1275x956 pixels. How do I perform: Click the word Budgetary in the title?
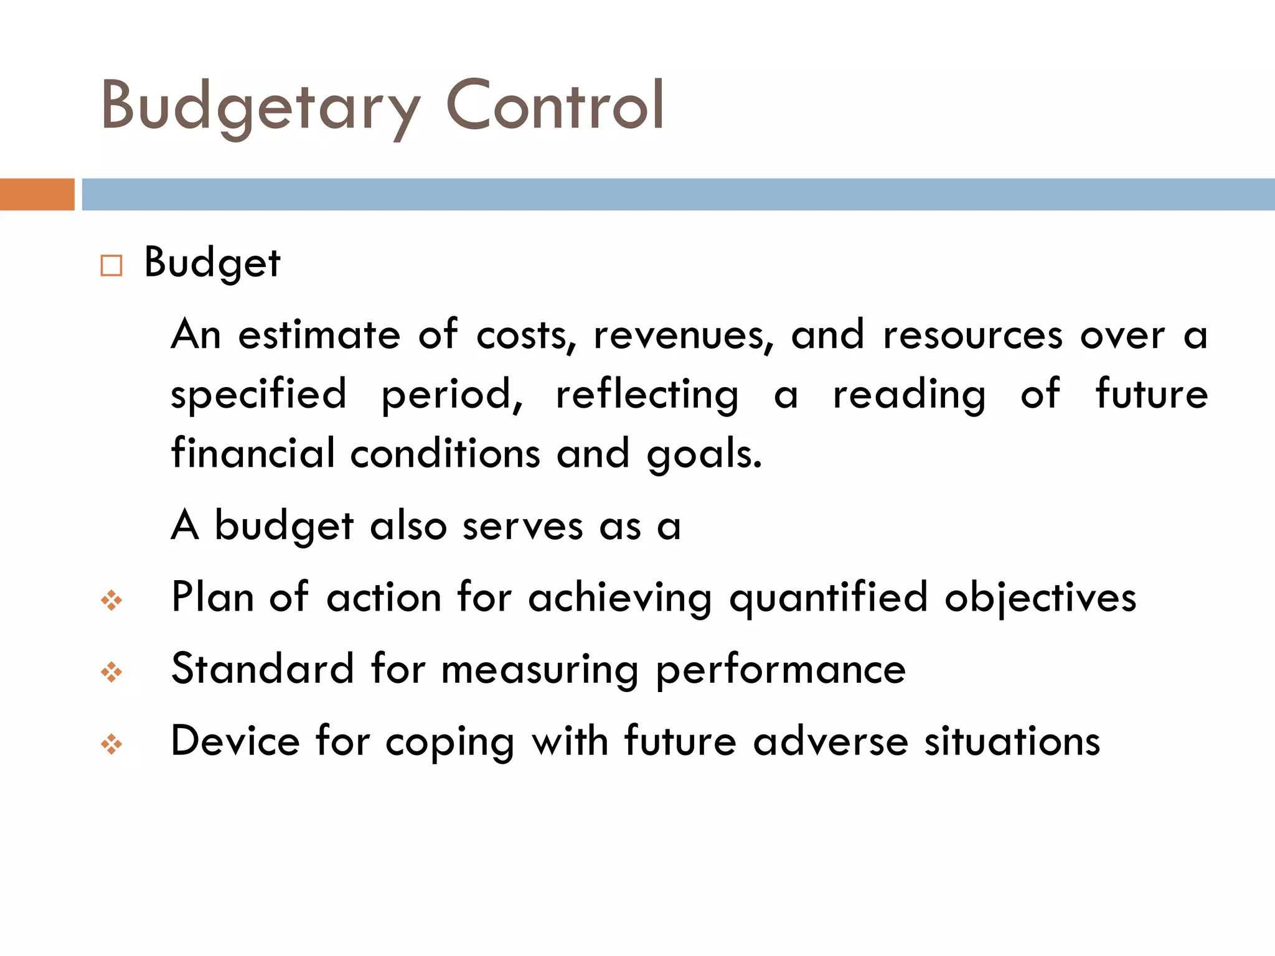pyautogui.click(x=260, y=107)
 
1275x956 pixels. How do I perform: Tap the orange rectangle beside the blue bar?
pyautogui.click(x=37, y=194)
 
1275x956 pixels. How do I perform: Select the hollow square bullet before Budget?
pyautogui.click(x=111, y=266)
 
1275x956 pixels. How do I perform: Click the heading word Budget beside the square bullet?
pyautogui.click(x=212, y=263)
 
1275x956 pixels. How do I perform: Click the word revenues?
pyautogui.click(x=683, y=336)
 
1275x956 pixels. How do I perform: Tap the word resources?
pyautogui.click(x=972, y=336)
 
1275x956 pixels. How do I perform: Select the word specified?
pyautogui.click(x=258, y=395)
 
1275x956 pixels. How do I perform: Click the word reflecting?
pyautogui.click(x=647, y=395)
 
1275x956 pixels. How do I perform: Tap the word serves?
pyautogui.click(x=522, y=527)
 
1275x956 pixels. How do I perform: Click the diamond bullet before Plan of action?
pyautogui.click(x=111, y=601)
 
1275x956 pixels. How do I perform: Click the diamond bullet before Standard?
pyautogui.click(x=111, y=672)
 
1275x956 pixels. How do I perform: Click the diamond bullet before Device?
pyautogui.click(x=111, y=744)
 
